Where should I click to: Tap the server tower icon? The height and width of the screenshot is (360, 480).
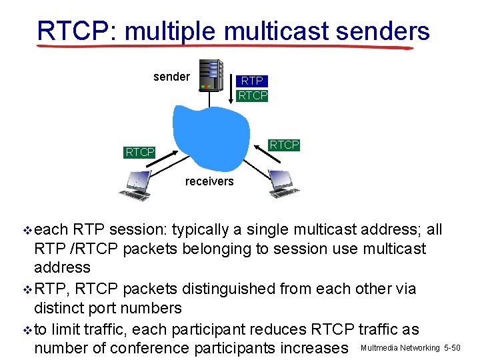pyautogui.click(x=212, y=75)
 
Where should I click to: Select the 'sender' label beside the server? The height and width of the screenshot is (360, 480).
pyautogui.click(x=171, y=77)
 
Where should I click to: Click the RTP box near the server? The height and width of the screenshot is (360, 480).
pyautogui.click(x=252, y=81)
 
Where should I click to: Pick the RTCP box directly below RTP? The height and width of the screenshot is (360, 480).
pyautogui.click(x=252, y=95)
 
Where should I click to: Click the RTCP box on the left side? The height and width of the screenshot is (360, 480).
pyautogui.click(x=140, y=153)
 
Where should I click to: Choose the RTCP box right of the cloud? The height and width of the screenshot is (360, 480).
pyautogui.click(x=284, y=145)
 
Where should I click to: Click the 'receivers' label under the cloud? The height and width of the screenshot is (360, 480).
pyautogui.click(x=209, y=181)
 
